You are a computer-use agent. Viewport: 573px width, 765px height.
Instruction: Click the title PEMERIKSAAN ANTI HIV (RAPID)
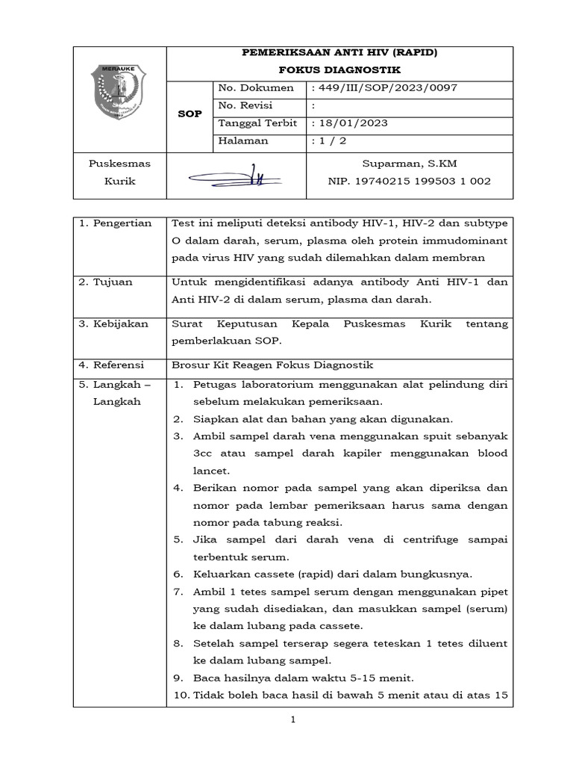tap(339, 53)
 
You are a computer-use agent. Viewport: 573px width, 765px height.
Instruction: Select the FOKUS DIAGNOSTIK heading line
tap(339, 70)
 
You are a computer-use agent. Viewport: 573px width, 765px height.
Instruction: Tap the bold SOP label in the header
tap(190, 114)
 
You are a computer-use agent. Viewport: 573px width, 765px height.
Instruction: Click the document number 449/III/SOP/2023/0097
tap(386, 88)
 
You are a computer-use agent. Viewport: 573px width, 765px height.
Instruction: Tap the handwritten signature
tap(234, 177)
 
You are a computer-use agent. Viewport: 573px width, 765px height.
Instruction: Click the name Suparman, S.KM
tap(409, 164)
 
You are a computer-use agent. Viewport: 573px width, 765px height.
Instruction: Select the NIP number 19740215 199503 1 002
tap(409, 182)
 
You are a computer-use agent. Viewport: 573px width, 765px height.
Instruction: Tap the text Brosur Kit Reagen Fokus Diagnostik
tap(272, 365)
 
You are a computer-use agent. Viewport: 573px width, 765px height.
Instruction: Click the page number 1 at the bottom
tap(293, 720)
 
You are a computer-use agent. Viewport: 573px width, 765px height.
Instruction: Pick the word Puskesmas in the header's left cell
tap(119, 164)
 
